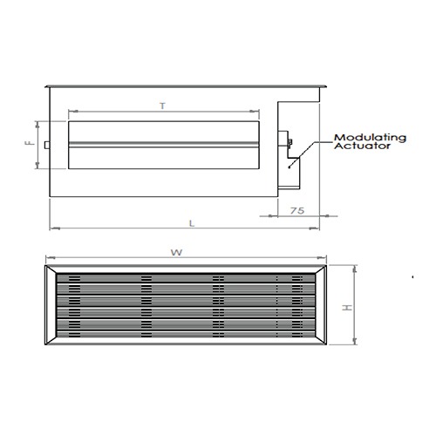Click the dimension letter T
click(x=163, y=105)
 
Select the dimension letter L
click(x=190, y=222)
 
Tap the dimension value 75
click(x=296, y=210)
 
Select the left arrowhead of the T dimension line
click(x=70, y=112)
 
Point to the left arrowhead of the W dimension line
click(x=46, y=260)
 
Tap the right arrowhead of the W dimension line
click(x=325, y=260)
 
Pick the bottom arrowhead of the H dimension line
click(x=357, y=347)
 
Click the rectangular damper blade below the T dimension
click(x=163, y=145)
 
